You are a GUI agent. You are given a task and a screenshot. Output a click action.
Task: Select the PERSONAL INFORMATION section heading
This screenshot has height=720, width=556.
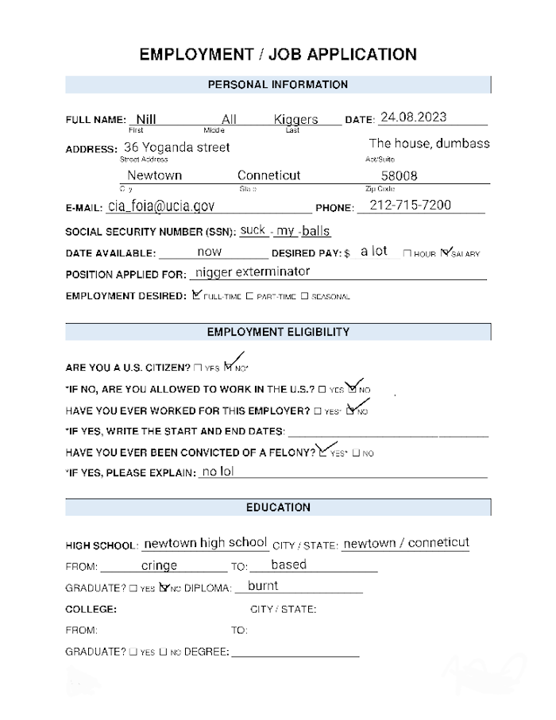click(x=277, y=84)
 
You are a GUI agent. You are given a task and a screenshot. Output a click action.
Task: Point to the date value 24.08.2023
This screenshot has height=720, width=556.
click(x=413, y=117)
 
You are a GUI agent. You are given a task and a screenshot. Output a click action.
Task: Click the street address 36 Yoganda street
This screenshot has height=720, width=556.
click(x=177, y=148)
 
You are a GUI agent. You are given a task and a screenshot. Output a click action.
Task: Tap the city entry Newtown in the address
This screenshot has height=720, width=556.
click(x=155, y=175)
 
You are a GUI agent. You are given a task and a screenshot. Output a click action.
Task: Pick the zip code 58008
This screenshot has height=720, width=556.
click(x=400, y=176)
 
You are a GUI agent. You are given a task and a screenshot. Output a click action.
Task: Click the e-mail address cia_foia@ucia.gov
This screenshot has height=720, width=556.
click(x=161, y=206)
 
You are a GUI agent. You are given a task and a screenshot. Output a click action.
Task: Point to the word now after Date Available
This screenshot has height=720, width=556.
click(x=210, y=252)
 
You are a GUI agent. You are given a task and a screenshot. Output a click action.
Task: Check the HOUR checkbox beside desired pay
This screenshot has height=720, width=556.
click(x=407, y=254)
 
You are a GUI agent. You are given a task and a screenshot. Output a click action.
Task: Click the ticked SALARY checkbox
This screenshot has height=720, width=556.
click(x=445, y=253)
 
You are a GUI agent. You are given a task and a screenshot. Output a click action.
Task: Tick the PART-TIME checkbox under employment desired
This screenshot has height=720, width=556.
click(x=249, y=296)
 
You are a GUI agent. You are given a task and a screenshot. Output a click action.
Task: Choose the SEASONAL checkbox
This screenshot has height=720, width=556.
click(x=304, y=296)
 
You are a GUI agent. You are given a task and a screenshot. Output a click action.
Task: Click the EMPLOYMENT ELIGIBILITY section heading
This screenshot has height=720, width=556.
click(x=277, y=332)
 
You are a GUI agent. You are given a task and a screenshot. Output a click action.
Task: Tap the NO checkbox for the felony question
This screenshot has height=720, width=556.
click(x=357, y=453)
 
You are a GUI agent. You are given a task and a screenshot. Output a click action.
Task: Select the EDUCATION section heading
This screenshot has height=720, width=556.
click(x=277, y=507)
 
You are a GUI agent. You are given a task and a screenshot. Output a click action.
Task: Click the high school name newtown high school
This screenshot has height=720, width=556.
click(x=205, y=543)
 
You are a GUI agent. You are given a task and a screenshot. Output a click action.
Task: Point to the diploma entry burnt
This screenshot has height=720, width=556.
click(x=263, y=587)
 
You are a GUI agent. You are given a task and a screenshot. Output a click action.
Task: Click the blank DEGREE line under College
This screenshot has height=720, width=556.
click(x=295, y=653)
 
